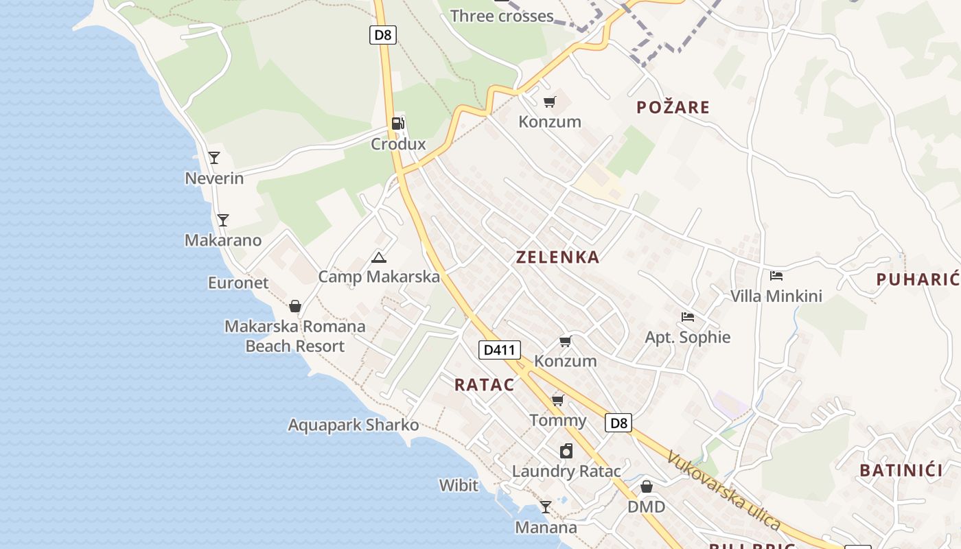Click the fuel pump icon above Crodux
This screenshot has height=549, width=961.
397,124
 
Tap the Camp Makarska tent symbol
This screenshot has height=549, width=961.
378,258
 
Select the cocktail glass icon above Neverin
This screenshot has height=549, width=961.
214,158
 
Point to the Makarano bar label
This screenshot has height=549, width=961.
223,240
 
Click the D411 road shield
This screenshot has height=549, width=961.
499,350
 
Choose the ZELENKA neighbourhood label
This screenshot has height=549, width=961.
557,257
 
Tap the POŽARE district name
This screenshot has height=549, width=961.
673,107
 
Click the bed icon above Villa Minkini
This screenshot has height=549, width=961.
776,276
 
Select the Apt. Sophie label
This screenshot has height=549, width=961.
687,337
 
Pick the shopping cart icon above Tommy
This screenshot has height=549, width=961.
558,400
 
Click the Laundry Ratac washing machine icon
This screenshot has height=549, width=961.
566,451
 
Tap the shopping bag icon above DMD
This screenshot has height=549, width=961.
646,487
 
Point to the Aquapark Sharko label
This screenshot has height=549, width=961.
353,425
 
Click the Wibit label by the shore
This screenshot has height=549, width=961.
459,485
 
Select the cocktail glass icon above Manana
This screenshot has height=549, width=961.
546,507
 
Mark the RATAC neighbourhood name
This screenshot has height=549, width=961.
484,384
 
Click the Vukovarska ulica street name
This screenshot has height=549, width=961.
723,491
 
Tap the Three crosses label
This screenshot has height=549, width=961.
502,16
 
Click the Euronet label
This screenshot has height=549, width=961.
238,283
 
